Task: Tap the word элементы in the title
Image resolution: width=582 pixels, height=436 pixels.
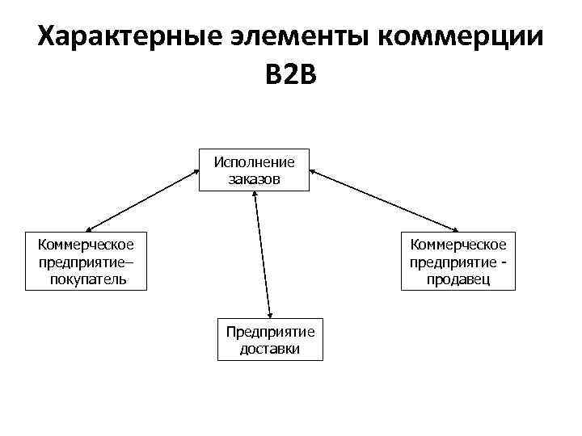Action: pyautogui.click(x=298, y=37)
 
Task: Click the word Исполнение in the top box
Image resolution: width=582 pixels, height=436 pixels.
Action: pyautogui.click(x=254, y=161)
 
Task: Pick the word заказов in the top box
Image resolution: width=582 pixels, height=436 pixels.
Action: pyautogui.click(x=254, y=178)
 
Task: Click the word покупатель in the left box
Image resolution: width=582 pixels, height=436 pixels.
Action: pyautogui.click(x=87, y=279)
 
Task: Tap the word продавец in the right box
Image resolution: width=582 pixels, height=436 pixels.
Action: pyautogui.click(x=458, y=279)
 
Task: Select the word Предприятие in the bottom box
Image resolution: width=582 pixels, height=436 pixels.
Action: pyautogui.click(x=270, y=332)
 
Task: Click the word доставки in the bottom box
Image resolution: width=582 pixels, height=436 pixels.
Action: pyautogui.click(x=270, y=349)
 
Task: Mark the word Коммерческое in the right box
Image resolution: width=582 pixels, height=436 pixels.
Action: pyautogui.click(x=458, y=244)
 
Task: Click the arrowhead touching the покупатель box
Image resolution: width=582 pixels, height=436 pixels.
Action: pyautogui.click(x=88, y=228)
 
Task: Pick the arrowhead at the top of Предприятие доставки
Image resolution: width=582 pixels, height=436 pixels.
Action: pyautogui.click(x=271, y=315)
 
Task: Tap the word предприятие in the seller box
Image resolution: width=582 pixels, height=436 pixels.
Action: pyautogui.click(x=453, y=262)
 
